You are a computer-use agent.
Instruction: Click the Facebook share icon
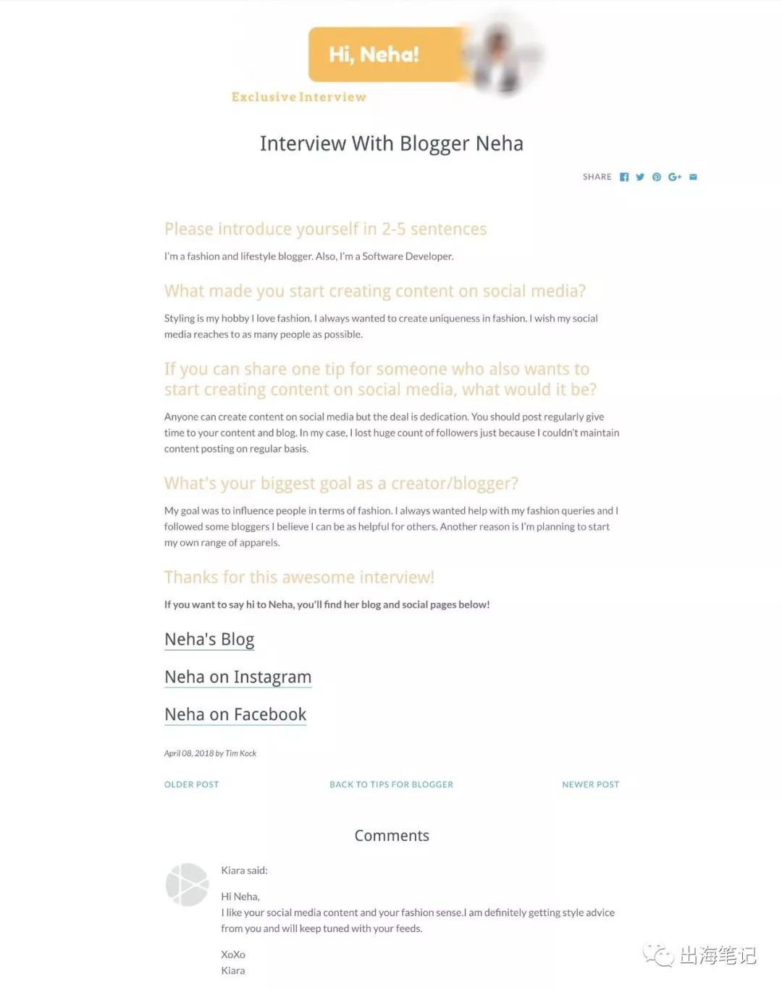624,177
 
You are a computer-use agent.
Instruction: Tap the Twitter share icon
640,177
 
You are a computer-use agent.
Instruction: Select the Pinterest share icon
657,177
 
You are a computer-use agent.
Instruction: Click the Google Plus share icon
675,177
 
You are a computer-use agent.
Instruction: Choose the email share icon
693,177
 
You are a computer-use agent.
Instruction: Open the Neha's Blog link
209,640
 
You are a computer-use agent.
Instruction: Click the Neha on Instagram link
237,677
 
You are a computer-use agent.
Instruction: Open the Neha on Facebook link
235,715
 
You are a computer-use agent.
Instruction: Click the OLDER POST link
191,784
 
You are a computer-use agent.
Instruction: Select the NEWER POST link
590,784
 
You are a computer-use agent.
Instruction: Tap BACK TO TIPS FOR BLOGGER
391,784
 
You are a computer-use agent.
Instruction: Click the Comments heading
392,836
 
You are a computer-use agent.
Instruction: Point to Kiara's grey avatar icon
188,884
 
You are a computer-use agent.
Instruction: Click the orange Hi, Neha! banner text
374,55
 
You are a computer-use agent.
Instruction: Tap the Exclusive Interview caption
298,97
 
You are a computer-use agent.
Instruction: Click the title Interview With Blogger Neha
391,144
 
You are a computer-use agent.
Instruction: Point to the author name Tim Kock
241,753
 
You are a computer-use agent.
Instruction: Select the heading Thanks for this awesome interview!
299,577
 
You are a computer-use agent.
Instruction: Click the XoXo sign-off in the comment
233,955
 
